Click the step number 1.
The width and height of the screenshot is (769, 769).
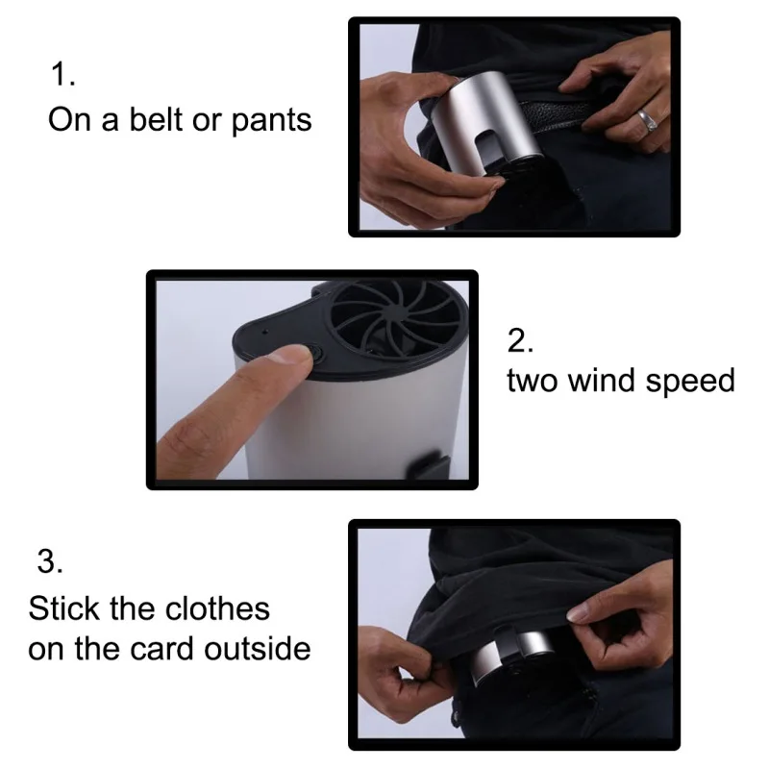[x=62, y=75]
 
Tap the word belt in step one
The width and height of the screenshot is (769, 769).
[x=156, y=119]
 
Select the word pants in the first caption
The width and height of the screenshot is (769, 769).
[x=271, y=121]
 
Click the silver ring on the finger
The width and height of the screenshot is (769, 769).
[x=647, y=121]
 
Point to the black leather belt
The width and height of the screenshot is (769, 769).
[x=555, y=115]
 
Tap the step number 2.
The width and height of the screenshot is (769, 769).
[x=520, y=340]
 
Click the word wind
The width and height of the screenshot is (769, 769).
[x=602, y=380]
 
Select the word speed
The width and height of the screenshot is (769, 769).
[x=690, y=382]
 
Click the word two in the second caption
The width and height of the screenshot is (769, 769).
[x=533, y=381]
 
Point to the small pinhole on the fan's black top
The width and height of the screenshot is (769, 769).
[x=265, y=332]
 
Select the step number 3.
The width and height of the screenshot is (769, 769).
[x=50, y=561]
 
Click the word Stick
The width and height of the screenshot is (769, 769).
[x=63, y=608]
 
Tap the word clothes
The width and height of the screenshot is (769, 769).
[x=217, y=608]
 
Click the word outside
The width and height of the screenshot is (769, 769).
[x=258, y=649]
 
